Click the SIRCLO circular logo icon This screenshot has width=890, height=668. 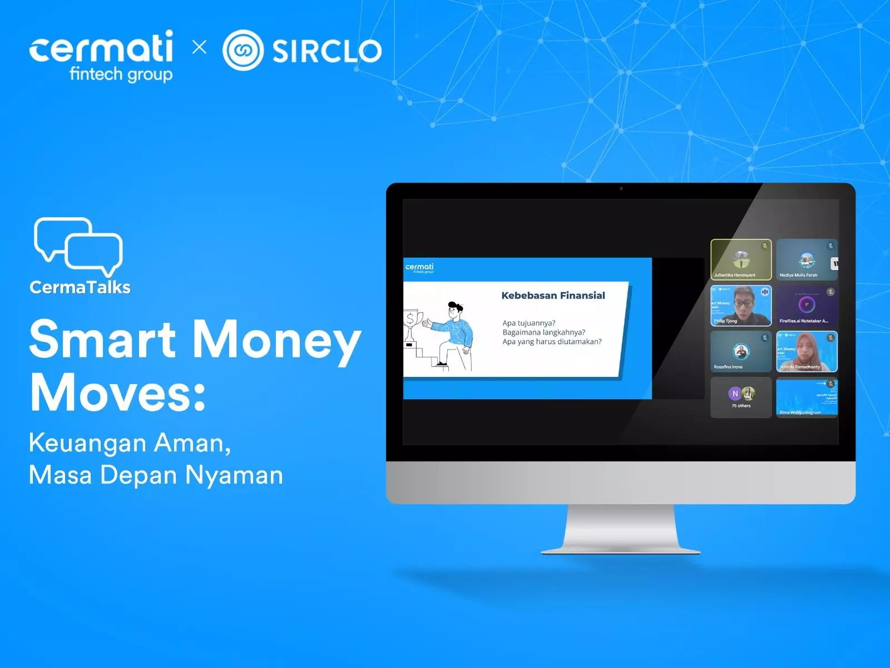point(243,50)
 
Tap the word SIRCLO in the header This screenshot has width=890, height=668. point(327,51)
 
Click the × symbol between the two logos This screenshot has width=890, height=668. point(199,47)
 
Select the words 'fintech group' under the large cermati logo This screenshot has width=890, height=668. point(121,74)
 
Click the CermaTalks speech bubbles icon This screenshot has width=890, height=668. point(78,245)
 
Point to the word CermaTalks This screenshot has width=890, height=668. point(80,287)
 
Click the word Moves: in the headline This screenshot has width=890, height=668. point(118,392)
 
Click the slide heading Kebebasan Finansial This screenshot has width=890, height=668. point(553,296)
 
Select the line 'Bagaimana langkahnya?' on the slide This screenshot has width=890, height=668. point(543,332)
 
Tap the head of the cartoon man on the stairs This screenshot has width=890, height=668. point(456,310)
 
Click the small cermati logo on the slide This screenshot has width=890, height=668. point(419,268)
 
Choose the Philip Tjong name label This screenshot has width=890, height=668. point(725,321)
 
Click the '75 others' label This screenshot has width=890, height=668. point(741,406)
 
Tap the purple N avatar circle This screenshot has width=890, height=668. point(735,394)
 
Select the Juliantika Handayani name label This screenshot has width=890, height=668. point(734,275)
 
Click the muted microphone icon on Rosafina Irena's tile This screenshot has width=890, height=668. point(765,338)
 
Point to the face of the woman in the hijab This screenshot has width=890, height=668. point(804,348)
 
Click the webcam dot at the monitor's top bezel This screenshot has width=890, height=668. point(621,189)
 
